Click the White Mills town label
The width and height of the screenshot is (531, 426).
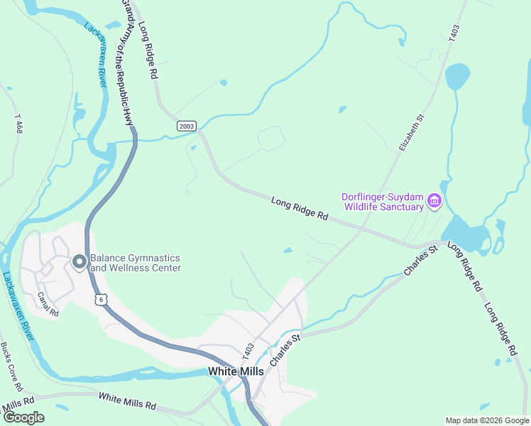tap(236, 371)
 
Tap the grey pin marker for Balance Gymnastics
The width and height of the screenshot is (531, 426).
tap(79, 263)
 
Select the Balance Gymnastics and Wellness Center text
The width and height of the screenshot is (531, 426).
tap(135, 263)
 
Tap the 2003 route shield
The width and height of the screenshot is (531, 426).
tap(186, 126)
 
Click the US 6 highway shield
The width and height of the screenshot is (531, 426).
tap(102, 300)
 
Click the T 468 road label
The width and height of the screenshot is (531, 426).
tap(18, 123)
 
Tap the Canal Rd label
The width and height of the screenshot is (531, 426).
tap(48, 304)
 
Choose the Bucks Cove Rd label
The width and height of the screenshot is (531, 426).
tap(12, 367)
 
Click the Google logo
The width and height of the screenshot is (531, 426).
tap(23, 417)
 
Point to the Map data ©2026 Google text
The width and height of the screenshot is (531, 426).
tap(486, 420)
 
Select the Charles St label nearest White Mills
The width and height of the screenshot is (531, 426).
tap(285, 347)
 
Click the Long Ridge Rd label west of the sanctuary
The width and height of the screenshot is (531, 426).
tap(300, 209)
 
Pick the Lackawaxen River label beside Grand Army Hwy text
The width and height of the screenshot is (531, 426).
tap(95, 55)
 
